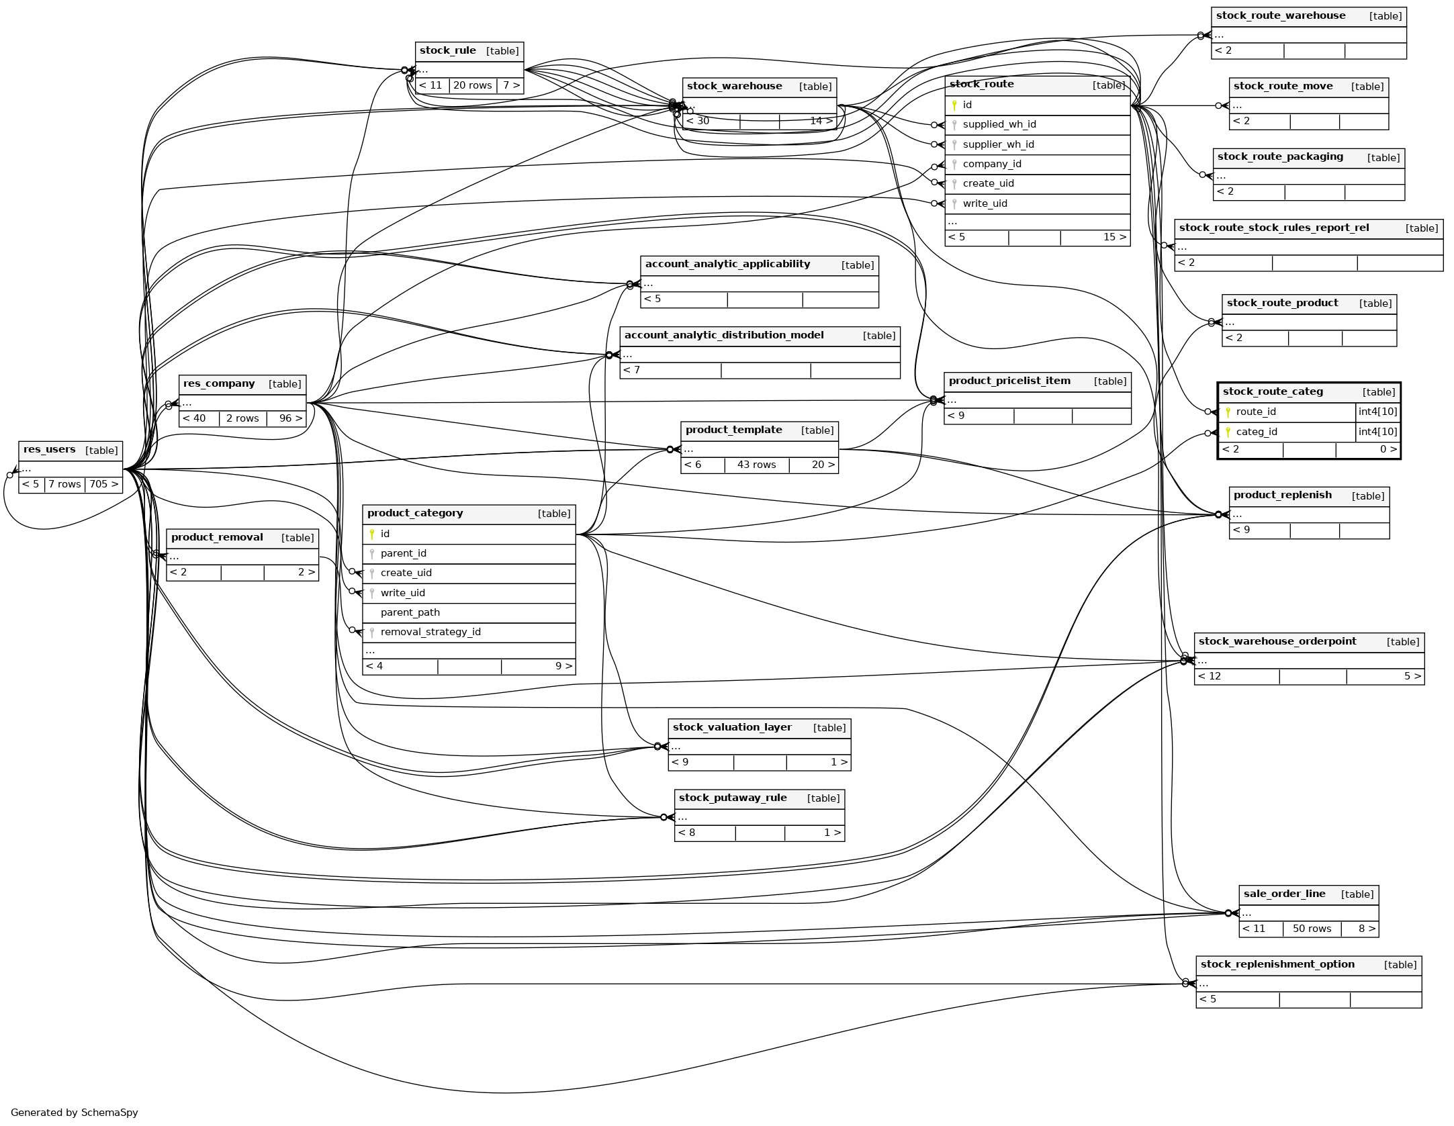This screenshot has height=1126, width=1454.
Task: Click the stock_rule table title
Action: pyautogui.click(x=448, y=51)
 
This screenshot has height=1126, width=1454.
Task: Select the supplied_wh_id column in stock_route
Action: pyautogui.click(x=999, y=125)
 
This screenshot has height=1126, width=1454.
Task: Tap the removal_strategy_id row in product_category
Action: pyautogui.click(x=430, y=632)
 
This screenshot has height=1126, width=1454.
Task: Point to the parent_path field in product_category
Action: pyautogui.click(x=410, y=613)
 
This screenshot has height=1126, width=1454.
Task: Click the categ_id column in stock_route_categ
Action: pyautogui.click(x=1256, y=432)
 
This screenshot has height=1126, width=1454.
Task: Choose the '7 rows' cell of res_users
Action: pyautogui.click(x=64, y=485)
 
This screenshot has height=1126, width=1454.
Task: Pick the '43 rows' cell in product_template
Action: pyautogui.click(x=756, y=465)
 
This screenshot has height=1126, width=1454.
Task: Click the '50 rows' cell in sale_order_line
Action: pyautogui.click(x=1312, y=929)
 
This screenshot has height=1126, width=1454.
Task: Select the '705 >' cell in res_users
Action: pyautogui.click(x=103, y=485)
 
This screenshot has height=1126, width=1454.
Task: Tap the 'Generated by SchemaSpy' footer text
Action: pyautogui.click(x=74, y=1113)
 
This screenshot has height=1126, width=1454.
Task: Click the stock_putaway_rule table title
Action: pyautogui.click(x=733, y=798)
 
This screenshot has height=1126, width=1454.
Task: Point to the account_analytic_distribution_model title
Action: pyautogui.click(x=724, y=336)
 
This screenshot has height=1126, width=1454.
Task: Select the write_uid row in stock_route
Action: pyautogui.click(x=985, y=204)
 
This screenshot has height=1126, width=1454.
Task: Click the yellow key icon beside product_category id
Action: pyautogui.click(x=372, y=534)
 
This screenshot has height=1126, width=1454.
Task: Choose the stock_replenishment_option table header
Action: pyautogui.click(x=1277, y=965)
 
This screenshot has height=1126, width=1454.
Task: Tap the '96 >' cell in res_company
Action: pyautogui.click(x=290, y=419)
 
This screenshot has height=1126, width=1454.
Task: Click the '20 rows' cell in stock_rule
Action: pyautogui.click(x=472, y=86)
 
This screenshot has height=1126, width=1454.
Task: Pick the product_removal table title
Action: pyautogui.click(x=217, y=538)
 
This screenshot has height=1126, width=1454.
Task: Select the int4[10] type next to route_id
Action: pyautogui.click(x=1377, y=412)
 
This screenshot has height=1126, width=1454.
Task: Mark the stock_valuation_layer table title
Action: pyautogui.click(x=732, y=728)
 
